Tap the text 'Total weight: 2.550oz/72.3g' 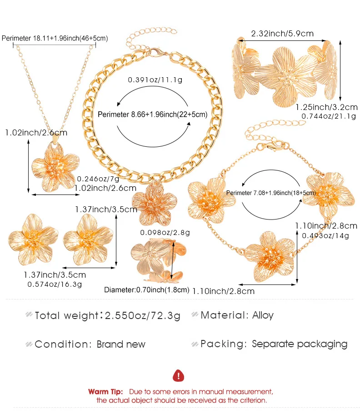(x=108, y=315)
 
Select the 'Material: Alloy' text (x=237, y=315)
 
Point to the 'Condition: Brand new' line (x=90, y=344)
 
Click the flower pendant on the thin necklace (x=52, y=167)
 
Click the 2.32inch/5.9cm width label (x=282, y=34)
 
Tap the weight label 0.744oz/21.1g (x=329, y=117)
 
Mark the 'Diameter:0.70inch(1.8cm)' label (x=146, y=289)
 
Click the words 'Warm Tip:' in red (x=105, y=391)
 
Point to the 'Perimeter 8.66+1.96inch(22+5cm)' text (x=152, y=115)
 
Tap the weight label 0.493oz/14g (x=325, y=235)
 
